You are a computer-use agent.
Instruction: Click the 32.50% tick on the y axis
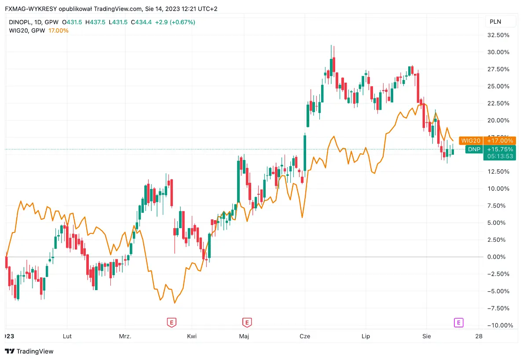pyautogui.click(x=499, y=35)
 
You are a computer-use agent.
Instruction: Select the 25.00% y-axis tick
pyautogui.click(x=499, y=86)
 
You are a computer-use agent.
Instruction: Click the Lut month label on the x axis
pyautogui.click(x=67, y=336)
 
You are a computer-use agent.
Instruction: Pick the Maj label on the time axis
pyautogui.click(x=244, y=336)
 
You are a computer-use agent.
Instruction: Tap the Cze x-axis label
pyautogui.click(x=304, y=336)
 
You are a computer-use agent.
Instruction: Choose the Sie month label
pyautogui.click(x=426, y=336)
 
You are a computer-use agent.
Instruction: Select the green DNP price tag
pyautogui.click(x=474, y=149)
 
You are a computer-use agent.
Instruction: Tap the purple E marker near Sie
pyautogui.click(x=458, y=323)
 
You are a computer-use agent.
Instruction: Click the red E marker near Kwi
pyautogui.click(x=172, y=323)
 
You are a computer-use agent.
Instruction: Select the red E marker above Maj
pyautogui.click(x=247, y=323)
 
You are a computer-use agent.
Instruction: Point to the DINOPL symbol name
pyautogui.click(x=20, y=22)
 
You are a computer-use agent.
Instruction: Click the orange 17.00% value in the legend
pyautogui.click(x=59, y=30)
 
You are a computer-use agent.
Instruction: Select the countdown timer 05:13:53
pyautogui.click(x=500, y=156)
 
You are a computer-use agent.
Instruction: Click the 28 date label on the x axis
pyautogui.click(x=479, y=336)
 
